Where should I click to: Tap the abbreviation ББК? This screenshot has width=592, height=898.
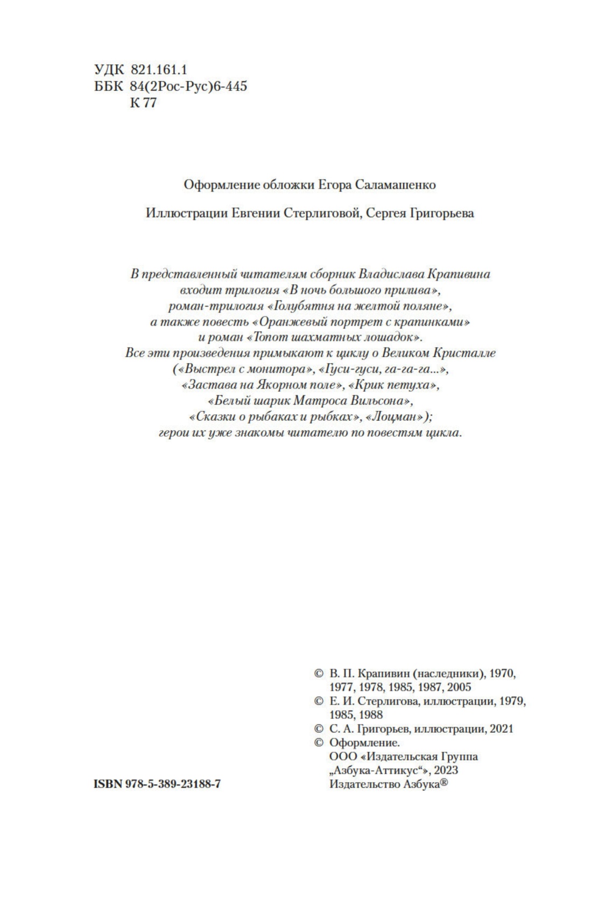coord(108,86)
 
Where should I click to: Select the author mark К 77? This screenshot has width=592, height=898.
coord(143,103)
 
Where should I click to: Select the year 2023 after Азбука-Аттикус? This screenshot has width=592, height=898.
coord(446,770)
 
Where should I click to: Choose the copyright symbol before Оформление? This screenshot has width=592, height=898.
coord(319,743)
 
